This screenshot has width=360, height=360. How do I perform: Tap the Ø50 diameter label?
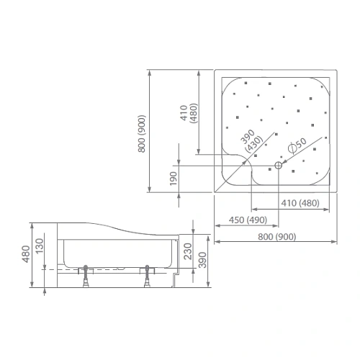(x=297, y=144)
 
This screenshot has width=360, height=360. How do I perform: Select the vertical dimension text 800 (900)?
(x=143, y=133)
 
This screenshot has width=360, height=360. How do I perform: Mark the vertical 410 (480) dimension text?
(x=189, y=115)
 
